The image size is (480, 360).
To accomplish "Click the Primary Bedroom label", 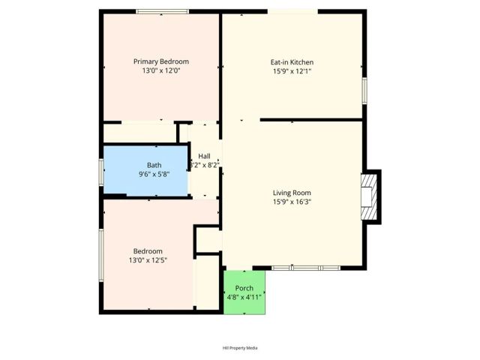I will [160, 61].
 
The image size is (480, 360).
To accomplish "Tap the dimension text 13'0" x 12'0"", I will [160, 70].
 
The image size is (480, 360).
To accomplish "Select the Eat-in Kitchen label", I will [292, 62].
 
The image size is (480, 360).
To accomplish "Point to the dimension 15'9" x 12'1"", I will [292, 71].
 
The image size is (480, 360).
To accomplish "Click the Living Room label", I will [292, 193].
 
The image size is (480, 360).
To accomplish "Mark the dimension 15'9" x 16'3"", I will [292, 202].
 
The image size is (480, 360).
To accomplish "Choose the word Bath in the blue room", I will [154, 165].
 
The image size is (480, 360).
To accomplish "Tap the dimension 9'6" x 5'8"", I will [154, 174].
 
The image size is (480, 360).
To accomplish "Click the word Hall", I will [204, 156].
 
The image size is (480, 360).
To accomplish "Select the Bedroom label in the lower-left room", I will [148, 251].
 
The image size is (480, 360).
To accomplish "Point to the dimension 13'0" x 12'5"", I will [148, 260].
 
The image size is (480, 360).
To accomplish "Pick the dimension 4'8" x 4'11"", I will [244, 298].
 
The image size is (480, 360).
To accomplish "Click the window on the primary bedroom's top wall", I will [162, 11].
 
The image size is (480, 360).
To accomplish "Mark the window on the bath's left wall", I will [101, 171].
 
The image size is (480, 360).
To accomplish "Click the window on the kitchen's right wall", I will [365, 88].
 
